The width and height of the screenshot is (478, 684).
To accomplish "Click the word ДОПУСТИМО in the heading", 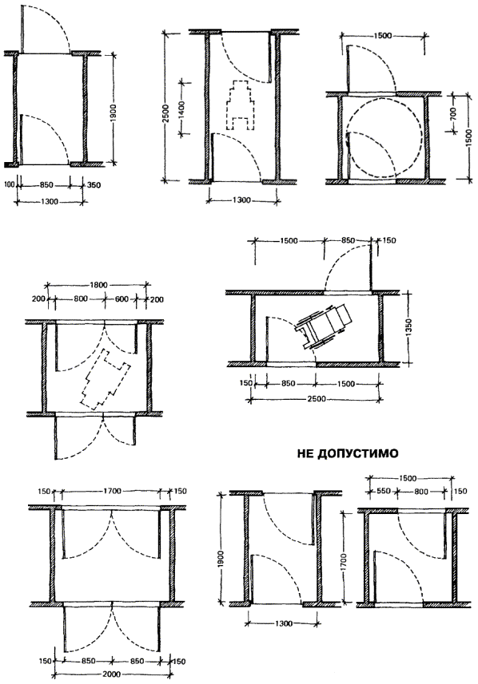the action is [x=357, y=453].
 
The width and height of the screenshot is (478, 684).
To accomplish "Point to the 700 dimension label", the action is [x=452, y=114].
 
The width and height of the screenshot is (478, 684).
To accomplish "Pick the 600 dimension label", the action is [x=122, y=299].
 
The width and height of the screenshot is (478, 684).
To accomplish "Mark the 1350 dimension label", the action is [x=408, y=328].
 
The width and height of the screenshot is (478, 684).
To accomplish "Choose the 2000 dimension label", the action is [x=111, y=674].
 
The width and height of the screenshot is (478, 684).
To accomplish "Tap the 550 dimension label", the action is [x=383, y=491].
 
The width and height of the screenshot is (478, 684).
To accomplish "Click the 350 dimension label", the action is [x=94, y=185].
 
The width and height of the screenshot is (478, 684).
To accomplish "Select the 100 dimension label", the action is [x=10, y=184].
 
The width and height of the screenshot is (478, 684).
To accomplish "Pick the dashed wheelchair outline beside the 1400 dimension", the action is [x=240, y=105].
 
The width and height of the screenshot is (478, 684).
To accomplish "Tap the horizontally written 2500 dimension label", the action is [x=317, y=399].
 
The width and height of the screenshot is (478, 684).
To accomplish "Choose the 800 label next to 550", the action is [x=421, y=491].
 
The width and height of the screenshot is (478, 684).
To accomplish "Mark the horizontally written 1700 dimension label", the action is [x=112, y=491].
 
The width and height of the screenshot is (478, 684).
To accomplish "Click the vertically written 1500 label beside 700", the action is [x=469, y=138].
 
